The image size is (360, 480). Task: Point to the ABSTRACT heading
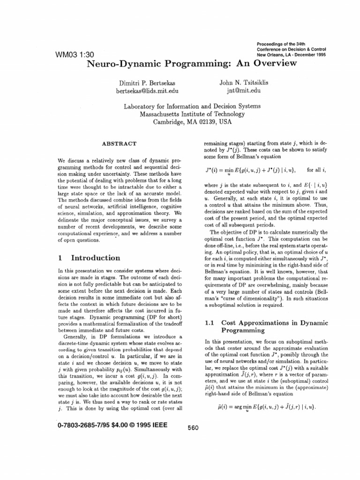(x=119, y=143)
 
